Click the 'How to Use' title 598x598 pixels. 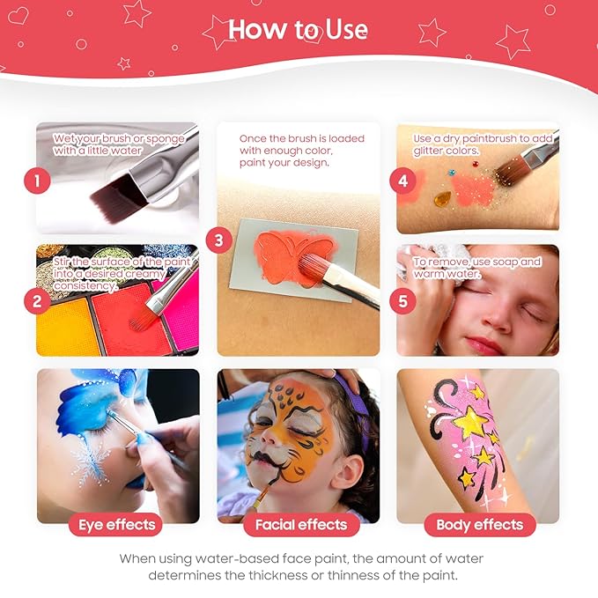click(x=298, y=29)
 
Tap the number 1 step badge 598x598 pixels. click(x=36, y=182)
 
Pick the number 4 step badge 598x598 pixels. click(x=402, y=181)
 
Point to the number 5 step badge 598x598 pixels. click(x=402, y=301)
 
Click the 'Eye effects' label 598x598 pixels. click(x=117, y=526)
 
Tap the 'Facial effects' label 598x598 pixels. click(x=300, y=526)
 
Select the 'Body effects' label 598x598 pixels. click(x=479, y=526)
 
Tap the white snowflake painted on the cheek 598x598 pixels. click(x=90, y=465)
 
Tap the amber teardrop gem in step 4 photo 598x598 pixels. click(x=441, y=198)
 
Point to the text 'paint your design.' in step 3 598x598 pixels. click(x=284, y=162)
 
